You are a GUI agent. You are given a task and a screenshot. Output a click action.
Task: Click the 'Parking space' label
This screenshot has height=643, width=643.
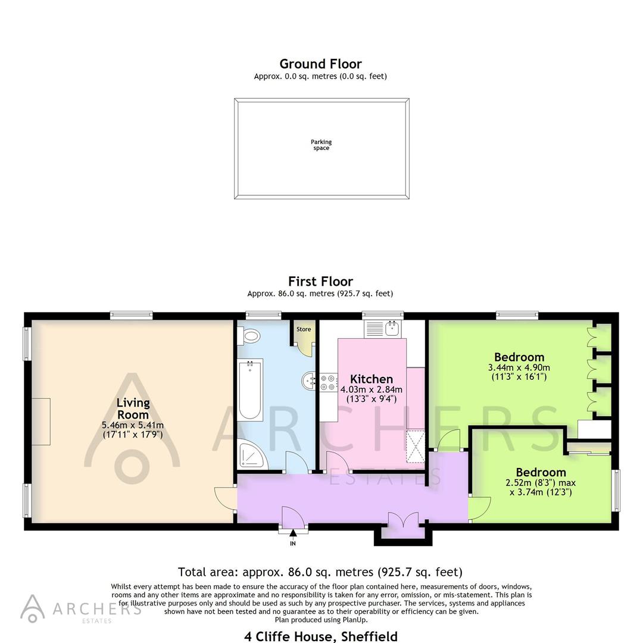coord(321,145)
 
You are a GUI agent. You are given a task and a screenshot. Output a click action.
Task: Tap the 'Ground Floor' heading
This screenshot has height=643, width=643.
coord(321,64)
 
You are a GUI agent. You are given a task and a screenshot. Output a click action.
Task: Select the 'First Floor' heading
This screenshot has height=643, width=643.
coord(321,281)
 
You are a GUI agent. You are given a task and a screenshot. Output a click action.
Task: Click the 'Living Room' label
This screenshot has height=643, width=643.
coord(133,408)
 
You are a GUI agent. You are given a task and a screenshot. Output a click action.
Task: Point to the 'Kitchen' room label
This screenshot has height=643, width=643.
coord(371,379)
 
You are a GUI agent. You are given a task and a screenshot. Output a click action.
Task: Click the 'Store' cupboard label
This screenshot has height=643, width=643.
coord(304,329)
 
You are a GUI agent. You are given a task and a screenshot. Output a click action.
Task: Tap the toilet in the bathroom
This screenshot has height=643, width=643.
coord(250,337)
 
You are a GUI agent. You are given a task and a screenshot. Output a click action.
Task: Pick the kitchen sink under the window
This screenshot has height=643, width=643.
coord(385,328)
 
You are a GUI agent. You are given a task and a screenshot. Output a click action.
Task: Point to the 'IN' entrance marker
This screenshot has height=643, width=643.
coord(293,543)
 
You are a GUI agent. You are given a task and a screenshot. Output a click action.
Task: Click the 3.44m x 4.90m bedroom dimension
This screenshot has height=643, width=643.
coord(519,368)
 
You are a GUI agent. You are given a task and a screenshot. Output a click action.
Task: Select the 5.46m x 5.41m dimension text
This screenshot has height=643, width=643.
coord(133,426)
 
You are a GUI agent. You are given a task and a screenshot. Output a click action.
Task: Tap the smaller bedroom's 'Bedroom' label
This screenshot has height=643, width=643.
coord(541,473)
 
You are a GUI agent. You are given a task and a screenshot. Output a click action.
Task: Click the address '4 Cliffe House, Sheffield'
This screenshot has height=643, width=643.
coord(321,636)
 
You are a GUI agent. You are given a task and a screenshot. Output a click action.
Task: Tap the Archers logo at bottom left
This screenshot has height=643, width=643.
coord(33,608)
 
